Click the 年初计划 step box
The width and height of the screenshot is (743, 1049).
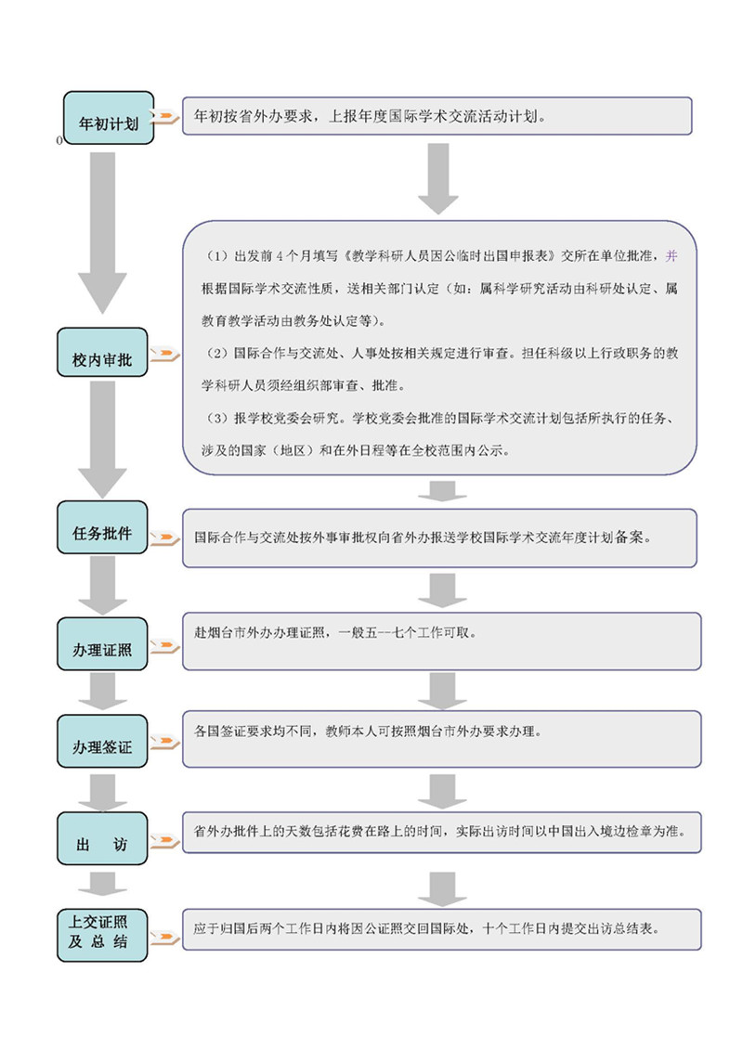[108, 118]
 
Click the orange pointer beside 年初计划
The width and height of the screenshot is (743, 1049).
[165, 117]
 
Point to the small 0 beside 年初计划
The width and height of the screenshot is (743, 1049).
[59, 140]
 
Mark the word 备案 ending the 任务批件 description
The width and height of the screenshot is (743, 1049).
[636, 537]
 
